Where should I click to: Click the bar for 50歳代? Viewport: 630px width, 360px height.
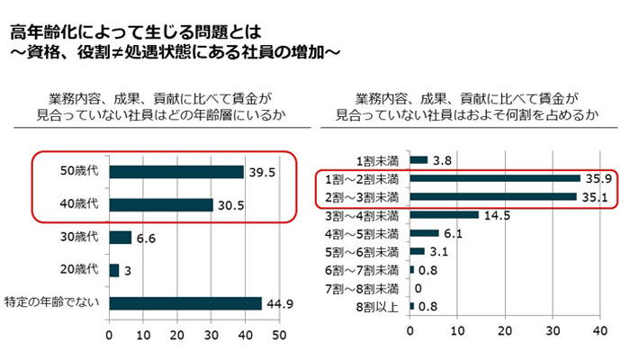pos(176,172)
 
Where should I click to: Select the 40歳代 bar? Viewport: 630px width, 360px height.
pos(161,204)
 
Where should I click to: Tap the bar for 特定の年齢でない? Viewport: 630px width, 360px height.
pos(185,302)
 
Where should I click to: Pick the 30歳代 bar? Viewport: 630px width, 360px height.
pos(121,238)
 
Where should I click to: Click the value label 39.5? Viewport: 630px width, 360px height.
pos(262,172)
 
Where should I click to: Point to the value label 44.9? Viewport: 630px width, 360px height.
pos(279,302)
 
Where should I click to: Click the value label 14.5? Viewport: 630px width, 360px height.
pos(497,214)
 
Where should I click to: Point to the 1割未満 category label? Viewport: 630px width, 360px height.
pos(378,160)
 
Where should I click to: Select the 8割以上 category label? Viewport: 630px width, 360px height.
pos(378,306)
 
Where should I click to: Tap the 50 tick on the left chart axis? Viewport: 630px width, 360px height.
pos(278,336)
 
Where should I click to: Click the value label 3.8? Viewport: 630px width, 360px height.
pos(442,160)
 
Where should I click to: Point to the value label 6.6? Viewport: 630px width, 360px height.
pos(145,238)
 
